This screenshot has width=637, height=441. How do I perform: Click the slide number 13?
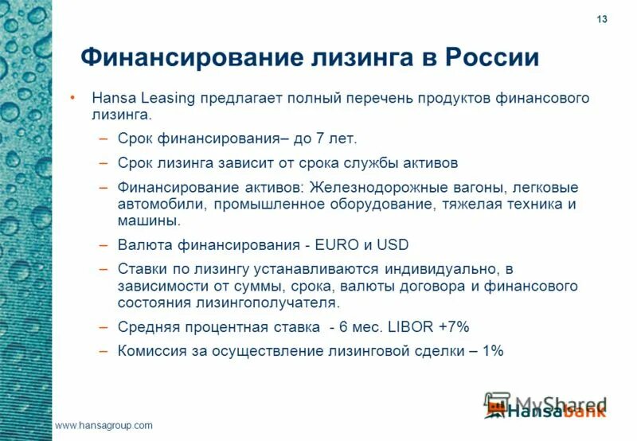pyautogui.click(x=601, y=19)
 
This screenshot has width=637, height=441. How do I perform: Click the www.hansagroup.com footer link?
pyautogui.click(x=104, y=426)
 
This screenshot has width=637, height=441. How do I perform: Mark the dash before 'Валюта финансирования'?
pyautogui.click(x=103, y=245)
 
